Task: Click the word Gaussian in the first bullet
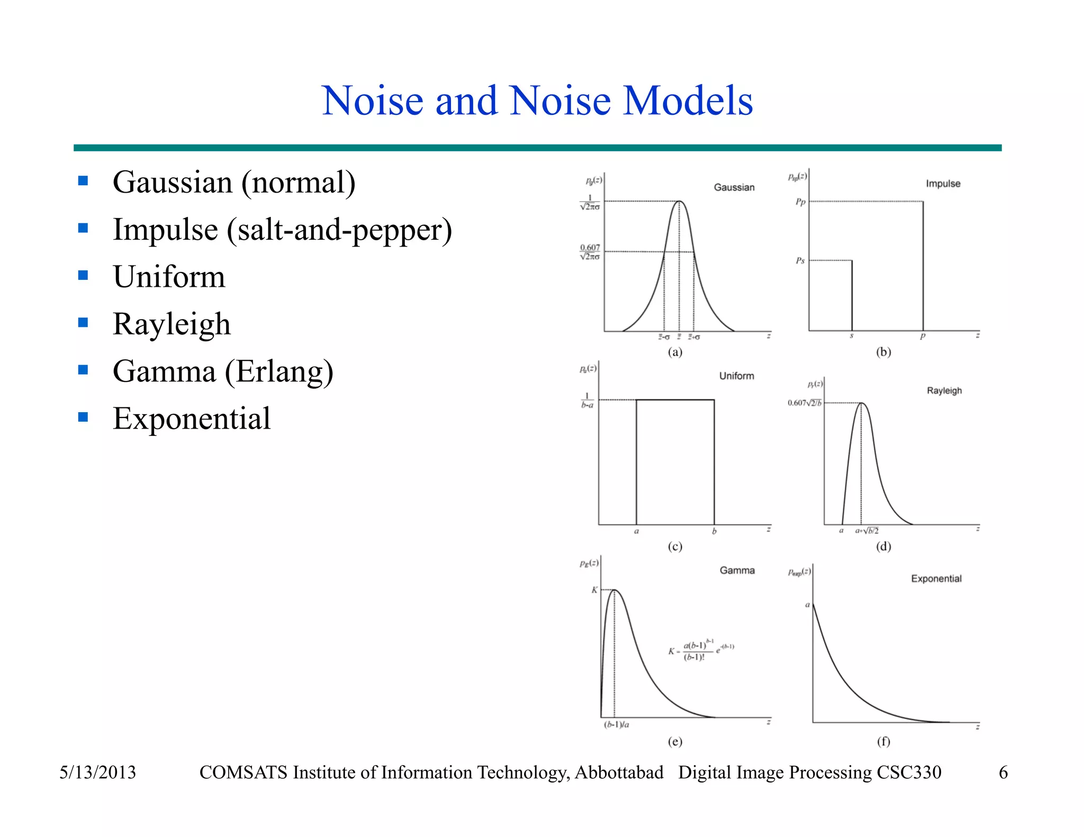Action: click(173, 183)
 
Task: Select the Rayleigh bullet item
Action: click(171, 324)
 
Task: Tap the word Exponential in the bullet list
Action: click(192, 418)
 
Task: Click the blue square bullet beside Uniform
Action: click(83, 275)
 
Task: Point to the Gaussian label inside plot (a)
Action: click(734, 187)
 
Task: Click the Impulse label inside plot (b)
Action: click(943, 184)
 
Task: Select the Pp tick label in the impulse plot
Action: click(800, 202)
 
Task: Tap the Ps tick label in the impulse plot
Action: click(800, 261)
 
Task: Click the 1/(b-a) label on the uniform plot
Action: click(587, 401)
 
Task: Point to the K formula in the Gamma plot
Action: click(701, 651)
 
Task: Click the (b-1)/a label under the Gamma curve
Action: click(617, 724)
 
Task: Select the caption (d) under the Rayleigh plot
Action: click(883, 546)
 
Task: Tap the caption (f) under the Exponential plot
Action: click(883, 741)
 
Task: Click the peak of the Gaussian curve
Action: click(680, 202)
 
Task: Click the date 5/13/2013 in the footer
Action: click(97, 772)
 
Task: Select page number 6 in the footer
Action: click(1002, 772)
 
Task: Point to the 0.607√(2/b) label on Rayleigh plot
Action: click(805, 403)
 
